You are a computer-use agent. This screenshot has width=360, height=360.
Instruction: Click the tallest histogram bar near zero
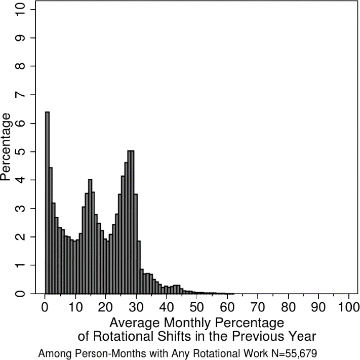click(x=47, y=203)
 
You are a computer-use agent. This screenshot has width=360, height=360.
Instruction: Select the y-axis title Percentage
click(x=7, y=147)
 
